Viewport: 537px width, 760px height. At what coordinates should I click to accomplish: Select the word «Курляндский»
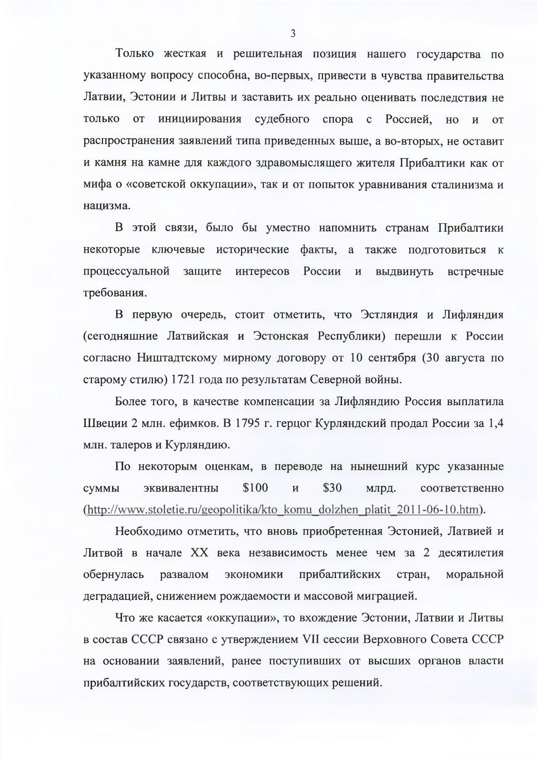click(350, 423)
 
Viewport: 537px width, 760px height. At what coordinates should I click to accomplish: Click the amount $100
click(255, 488)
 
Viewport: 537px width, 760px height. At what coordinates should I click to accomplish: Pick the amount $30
click(332, 488)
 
